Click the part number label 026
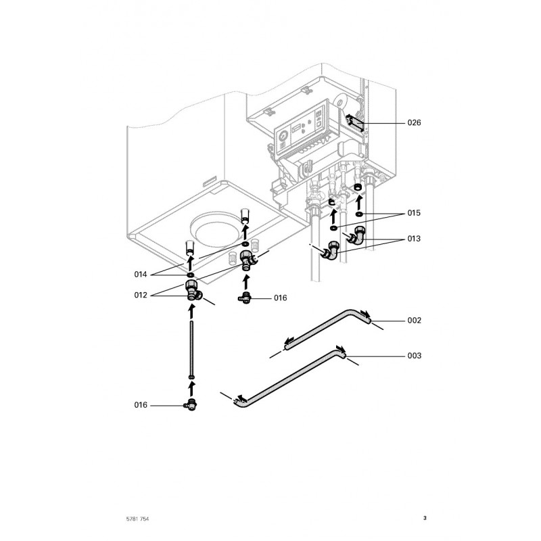414,123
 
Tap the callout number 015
414,213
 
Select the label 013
414,239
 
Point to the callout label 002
414,320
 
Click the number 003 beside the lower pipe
414,356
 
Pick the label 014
141,274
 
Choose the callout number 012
141,294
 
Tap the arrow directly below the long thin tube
192,387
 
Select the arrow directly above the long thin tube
192,312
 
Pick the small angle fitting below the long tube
191,405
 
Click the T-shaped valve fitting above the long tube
192,289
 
